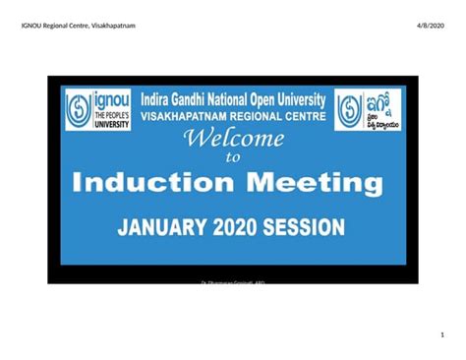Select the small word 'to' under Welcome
[233, 156]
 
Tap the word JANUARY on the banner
[162, 228]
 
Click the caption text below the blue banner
[233, 282]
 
